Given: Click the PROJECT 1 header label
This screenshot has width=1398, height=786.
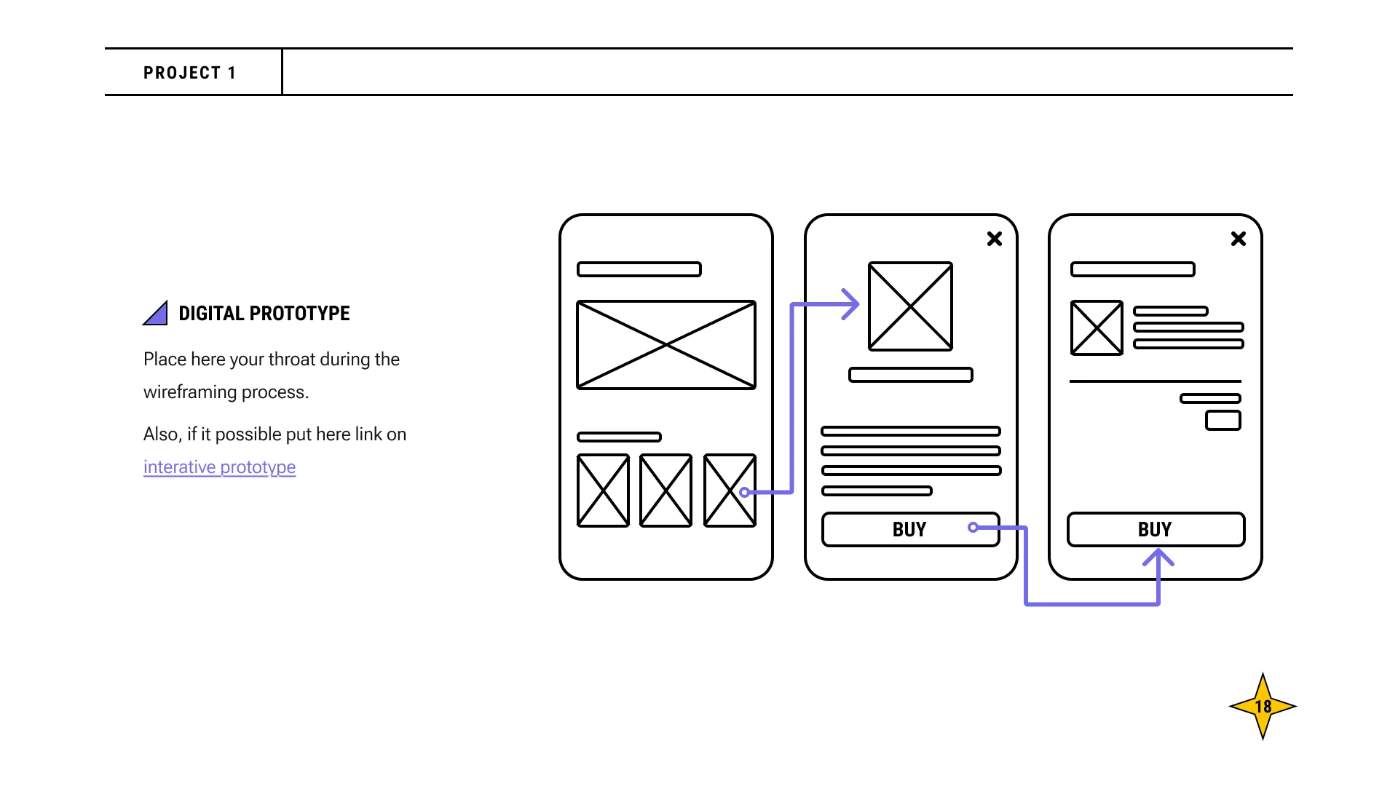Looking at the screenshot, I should [189, 73].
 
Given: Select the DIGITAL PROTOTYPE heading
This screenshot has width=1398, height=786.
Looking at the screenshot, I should [264, 314].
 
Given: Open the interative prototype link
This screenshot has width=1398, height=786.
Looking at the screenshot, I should [219, 467].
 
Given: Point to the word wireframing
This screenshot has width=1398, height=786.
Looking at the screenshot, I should [190, 392].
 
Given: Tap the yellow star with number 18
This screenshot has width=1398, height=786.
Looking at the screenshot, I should [1263, 706].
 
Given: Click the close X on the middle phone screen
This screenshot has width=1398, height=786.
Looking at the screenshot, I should [995, 239].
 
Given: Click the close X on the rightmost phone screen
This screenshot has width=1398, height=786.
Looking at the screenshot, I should [1239, 239].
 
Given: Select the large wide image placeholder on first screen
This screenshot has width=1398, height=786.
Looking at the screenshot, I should [666, 345].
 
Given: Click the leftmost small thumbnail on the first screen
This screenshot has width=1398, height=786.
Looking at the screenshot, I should [603, 491].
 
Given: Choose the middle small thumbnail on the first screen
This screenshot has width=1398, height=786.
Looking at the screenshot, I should [666, 491].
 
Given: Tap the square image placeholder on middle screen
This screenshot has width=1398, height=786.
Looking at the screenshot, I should [910, 306].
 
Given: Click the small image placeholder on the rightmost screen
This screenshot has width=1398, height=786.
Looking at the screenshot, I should [1097, 328].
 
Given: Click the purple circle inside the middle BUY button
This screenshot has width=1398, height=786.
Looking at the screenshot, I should [974, 527].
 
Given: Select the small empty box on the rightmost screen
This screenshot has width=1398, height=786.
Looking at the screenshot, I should [1223, 421].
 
